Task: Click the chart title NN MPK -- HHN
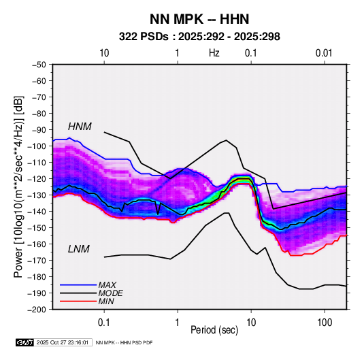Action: point(199,19)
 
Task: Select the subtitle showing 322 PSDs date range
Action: point(199,37)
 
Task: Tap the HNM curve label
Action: point(80,127)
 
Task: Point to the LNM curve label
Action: point(78,249)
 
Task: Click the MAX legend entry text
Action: point(107,285)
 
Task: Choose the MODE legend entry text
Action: point(110,293)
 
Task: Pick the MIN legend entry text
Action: point(106,301)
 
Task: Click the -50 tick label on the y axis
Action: point(39,65)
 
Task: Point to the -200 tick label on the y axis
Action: point(37,310)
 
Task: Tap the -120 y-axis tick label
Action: point(37,179)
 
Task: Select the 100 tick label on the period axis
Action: point(325,323)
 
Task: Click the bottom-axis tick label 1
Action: point(178,323)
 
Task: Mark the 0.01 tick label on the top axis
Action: point(324,53)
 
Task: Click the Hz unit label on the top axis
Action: point(214,53)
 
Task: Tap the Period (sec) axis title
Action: point(214,330)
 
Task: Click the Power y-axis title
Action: point(18,186)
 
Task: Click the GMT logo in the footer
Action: point(24,342)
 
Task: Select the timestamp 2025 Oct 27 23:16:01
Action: point(63,342)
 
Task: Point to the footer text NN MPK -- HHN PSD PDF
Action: point(124,342)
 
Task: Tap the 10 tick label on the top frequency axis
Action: point(104,53)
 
